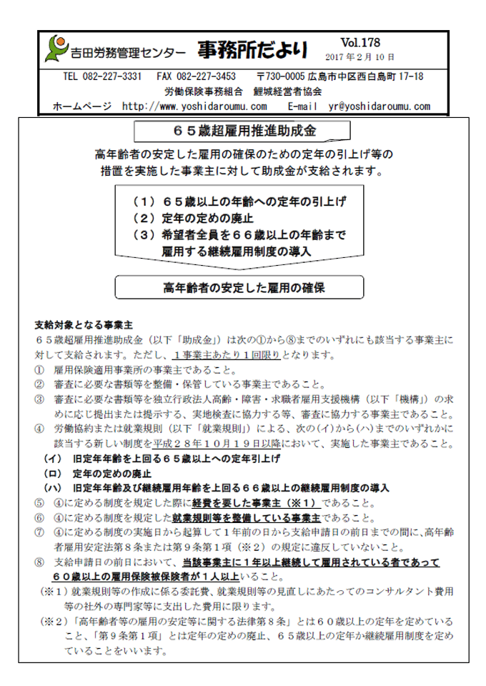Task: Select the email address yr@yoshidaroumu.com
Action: point(379,106)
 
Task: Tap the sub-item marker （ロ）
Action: point(52,472)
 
